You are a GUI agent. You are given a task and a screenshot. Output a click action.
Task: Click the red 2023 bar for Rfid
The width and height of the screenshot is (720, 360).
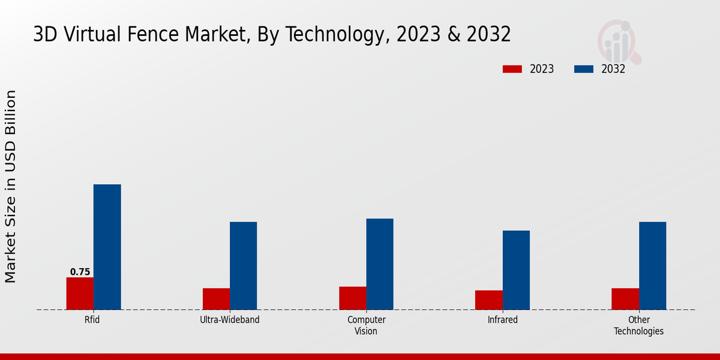(x=80, y=293)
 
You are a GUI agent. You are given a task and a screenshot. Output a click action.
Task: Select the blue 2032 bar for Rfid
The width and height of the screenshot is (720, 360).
(x=107, y=247)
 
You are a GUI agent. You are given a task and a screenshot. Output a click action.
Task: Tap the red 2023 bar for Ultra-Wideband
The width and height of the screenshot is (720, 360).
(x=216, y=299)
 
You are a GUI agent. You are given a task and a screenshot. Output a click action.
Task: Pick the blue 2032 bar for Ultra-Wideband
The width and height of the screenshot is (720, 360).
(x=243, y=266)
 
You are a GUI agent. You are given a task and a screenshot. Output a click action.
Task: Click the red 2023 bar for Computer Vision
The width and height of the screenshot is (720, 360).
(x=352, y=298)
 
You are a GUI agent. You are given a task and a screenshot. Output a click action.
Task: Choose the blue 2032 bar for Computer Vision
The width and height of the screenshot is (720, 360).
(x=380, y=264)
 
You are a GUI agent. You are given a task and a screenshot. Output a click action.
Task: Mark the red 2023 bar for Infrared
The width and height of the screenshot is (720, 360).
(x=488, y=300)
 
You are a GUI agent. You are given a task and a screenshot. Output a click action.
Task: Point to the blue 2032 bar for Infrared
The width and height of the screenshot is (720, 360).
(x=516, y=270)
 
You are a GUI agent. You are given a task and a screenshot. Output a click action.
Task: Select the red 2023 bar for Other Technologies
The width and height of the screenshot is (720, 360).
(x=625, y=299)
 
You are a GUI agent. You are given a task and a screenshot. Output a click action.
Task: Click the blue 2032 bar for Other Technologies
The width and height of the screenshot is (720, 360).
(x=652, y=266)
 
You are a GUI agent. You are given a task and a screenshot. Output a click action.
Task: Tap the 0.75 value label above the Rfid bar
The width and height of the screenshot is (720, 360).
(x=80, y=272)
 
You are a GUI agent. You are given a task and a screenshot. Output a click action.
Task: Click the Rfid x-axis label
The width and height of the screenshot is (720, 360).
(x=92, y=320)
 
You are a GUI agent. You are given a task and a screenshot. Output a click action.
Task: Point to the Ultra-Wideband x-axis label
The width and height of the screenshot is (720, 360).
(x=230, y=320)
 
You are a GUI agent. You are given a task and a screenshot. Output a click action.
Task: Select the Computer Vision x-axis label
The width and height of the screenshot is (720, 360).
(x=366, y=325)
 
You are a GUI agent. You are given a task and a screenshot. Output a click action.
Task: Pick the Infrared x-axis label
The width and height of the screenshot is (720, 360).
(x=502, y=320)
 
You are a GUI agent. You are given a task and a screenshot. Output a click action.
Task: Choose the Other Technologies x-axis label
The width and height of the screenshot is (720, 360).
(x=638, y=325)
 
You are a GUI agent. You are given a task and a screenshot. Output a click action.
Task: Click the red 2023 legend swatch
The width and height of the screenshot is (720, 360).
(x=512, y=69)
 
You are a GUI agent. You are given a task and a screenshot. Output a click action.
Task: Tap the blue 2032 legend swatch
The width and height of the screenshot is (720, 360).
(x=583, y=69)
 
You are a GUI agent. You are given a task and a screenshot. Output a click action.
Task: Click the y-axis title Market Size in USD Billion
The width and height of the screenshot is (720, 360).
(x=11, y=186)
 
